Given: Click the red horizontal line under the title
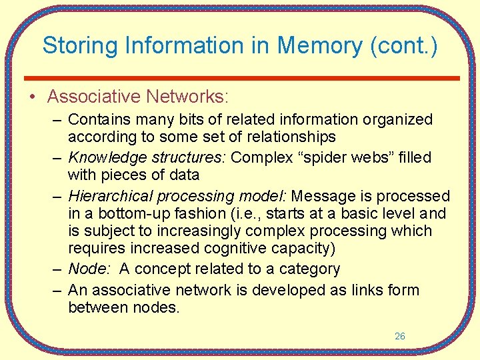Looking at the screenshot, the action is pos(241,78).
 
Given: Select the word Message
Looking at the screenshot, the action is pos(321,197).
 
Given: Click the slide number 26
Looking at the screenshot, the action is pos(399,337).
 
